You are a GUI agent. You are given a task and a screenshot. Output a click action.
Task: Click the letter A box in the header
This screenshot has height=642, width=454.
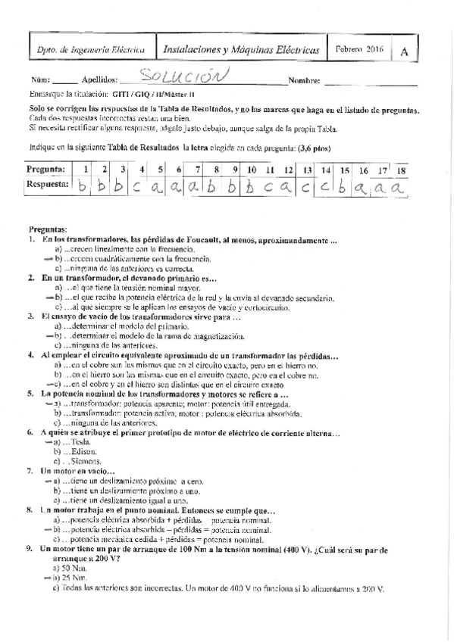pyautogui.click(x=405, y=51)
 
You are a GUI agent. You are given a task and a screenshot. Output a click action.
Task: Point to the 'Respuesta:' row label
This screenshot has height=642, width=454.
pyautogui.click(x=49, y=184)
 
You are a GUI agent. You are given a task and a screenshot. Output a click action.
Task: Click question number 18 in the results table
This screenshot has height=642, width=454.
pyautogui.click(x=401, y=170)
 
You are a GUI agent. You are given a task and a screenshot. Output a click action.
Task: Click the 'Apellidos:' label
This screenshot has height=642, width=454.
pyautogui.click(x=99, y=79)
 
